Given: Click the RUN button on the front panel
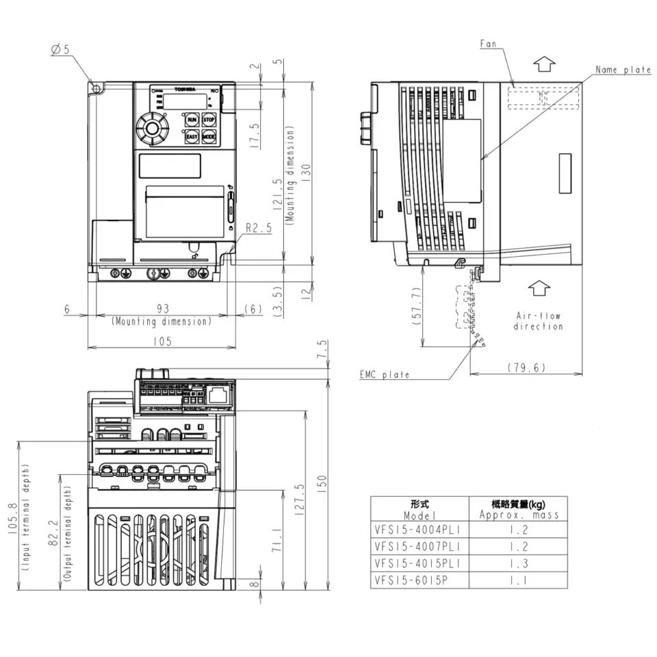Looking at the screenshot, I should pos(192,120).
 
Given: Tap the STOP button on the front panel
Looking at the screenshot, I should pos(209,120).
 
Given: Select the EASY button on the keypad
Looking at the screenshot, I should pos(192,137).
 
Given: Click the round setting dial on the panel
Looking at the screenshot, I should pos(150,128).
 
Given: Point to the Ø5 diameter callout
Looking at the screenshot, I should pos(61,49).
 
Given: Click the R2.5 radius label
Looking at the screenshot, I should pos(259,229).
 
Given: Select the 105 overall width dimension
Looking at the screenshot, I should pos(162,341).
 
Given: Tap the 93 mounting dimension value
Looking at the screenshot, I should pos(162,309).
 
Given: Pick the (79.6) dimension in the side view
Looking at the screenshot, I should pos(526,368).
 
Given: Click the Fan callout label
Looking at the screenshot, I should pos(488,44).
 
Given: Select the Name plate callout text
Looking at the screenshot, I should pos(622,70).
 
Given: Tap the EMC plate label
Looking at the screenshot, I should pos(385,374).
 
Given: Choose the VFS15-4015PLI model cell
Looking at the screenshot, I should pos(418,563).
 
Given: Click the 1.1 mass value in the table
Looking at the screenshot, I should pos(518,579).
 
